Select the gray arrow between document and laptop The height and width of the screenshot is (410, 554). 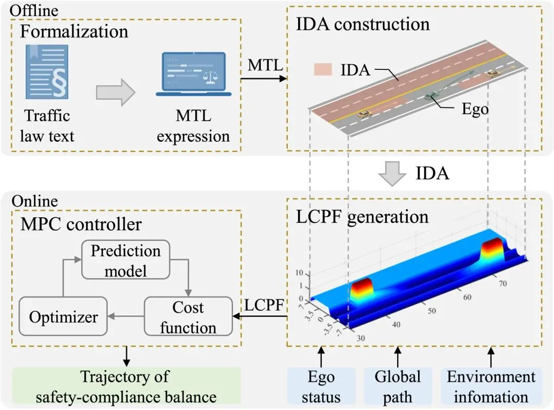(x=115, y=92)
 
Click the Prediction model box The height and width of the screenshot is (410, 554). (x=126, y=260)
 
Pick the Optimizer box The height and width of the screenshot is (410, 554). (x=63, y=316)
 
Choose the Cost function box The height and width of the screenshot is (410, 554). (x=188, y=317)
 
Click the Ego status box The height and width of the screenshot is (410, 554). (x=321, y=386)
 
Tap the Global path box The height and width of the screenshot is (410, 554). (x=398, y=386)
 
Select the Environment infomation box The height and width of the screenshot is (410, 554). (x=491, y=386)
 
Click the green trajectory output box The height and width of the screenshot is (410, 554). (x=126, y=386)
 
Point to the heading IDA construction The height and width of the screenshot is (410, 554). (x=363, y=24)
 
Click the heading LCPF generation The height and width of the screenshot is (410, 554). (x=362, y=216)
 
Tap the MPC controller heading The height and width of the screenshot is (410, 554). (x=81, y=224)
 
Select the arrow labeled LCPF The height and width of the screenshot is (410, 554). (x=261, y=316)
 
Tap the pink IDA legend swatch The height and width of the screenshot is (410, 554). (x=324, y=69)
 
